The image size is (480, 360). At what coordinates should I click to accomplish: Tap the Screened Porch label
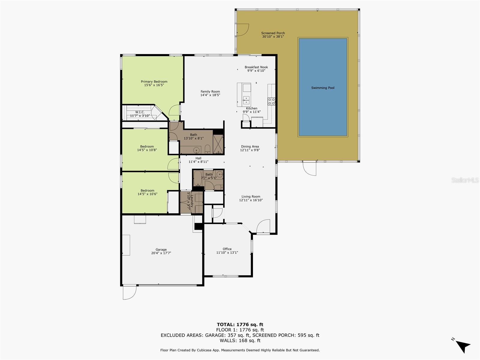click(273, 33)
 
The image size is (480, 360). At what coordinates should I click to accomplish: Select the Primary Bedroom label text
click(154, 82)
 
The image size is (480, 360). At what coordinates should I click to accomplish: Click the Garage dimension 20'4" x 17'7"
click(161, 253)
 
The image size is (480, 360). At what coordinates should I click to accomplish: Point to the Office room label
click(227, 249)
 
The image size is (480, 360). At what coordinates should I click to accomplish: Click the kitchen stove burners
click(271, 101)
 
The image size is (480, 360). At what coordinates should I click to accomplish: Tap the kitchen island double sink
click(246, 100)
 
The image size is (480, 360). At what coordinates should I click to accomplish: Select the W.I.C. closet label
click(140, 112)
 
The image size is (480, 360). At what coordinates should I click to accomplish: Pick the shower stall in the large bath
click(218, 144)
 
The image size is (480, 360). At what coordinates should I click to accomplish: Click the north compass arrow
click(463, 347)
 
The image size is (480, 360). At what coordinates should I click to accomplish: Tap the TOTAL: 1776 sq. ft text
click(240, 324)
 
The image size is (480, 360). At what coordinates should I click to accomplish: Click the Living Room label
click(251, 197)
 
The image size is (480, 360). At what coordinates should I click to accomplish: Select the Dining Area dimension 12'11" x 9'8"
click(250, 150)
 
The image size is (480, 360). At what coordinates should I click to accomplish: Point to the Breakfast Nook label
click(256, 67)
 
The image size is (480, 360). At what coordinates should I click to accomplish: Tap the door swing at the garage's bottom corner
click(130, 292)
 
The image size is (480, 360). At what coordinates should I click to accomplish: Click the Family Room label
click(210, 91)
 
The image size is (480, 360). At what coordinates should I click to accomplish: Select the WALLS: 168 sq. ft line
click(240, 340)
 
